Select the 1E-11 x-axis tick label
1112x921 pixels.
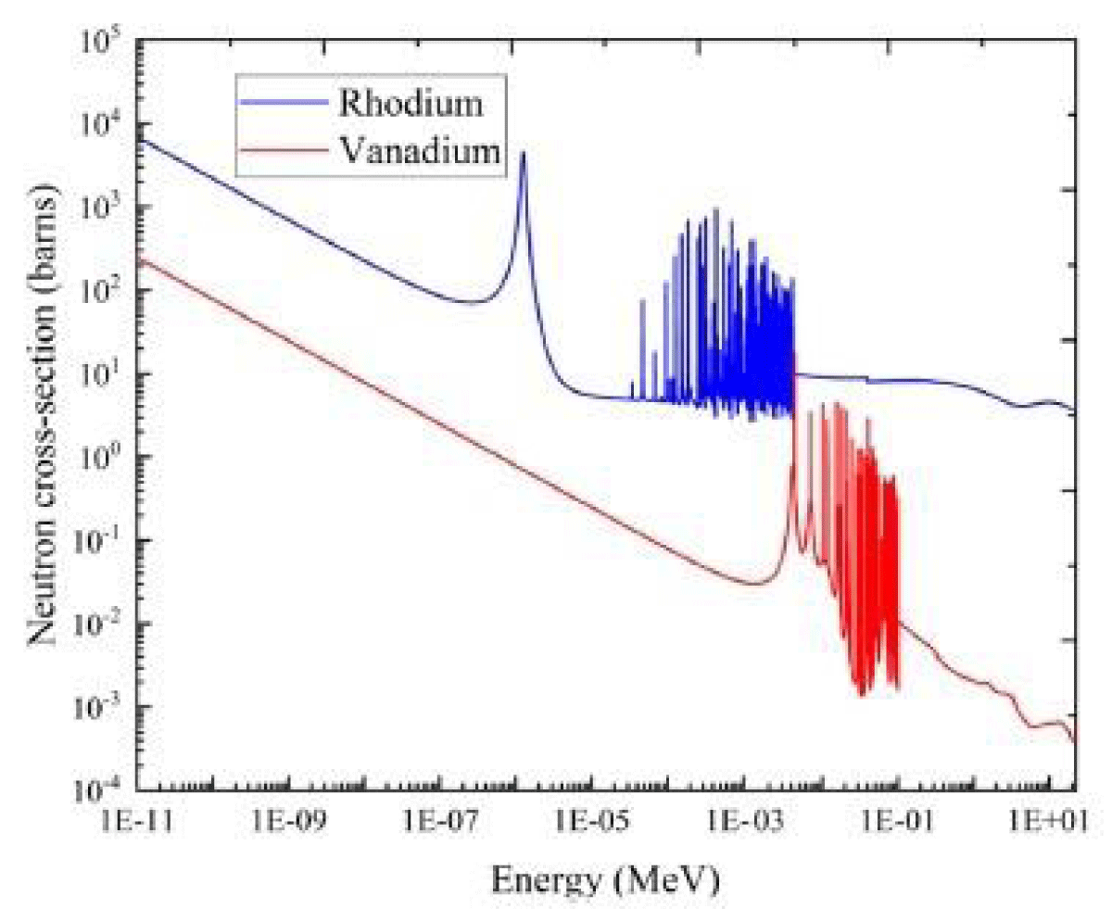(x=135, y=824)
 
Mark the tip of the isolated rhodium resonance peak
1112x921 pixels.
(x=523, y=153)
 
